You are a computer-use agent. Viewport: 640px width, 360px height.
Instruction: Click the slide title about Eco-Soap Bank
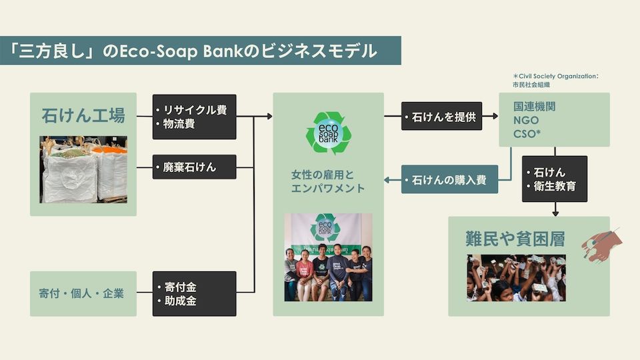200,51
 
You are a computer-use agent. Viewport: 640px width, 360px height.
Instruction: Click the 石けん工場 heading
83,115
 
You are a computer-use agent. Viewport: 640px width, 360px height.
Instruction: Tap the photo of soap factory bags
83,169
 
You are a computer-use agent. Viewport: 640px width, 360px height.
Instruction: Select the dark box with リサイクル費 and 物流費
194,117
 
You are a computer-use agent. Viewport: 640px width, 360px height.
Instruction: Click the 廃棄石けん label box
194,167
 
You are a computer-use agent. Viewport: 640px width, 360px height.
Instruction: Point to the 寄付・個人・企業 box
83,293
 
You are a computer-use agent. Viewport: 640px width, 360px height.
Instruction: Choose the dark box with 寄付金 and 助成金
194,293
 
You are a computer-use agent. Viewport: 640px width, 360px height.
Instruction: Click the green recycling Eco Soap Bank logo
328,133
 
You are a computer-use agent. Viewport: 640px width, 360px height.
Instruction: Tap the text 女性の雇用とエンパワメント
328,181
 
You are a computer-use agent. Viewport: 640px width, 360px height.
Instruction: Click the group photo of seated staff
328,257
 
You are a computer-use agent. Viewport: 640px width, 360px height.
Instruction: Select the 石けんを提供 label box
441,117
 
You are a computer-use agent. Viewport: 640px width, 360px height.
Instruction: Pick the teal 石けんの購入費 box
449,179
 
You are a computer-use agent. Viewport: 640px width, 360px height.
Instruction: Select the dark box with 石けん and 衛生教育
554,179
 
